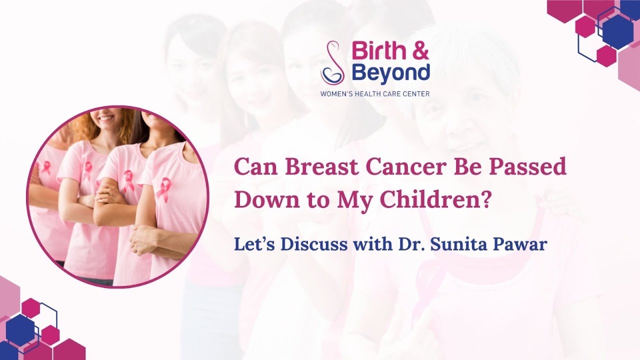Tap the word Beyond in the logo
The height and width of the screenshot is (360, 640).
coord(390,72)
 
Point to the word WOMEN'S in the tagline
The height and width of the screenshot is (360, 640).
coord(338,93)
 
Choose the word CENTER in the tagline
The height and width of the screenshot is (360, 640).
coord(416,93)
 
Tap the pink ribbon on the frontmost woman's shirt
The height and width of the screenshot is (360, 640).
coord(163,190)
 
